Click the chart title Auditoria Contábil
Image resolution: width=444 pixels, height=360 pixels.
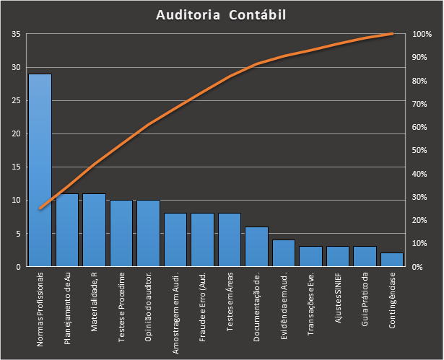222,14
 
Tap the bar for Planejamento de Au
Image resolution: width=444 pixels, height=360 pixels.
67,230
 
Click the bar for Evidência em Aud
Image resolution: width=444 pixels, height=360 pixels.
284,253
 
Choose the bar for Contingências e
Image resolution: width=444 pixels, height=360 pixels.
392,260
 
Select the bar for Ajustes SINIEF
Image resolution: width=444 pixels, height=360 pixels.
338,257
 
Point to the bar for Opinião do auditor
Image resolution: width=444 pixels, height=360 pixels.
148,234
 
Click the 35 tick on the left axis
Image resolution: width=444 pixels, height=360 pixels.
15,35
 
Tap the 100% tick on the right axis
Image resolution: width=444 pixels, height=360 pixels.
422,35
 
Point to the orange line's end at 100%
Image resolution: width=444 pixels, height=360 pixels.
392,34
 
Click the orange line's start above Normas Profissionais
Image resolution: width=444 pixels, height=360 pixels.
40,208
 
